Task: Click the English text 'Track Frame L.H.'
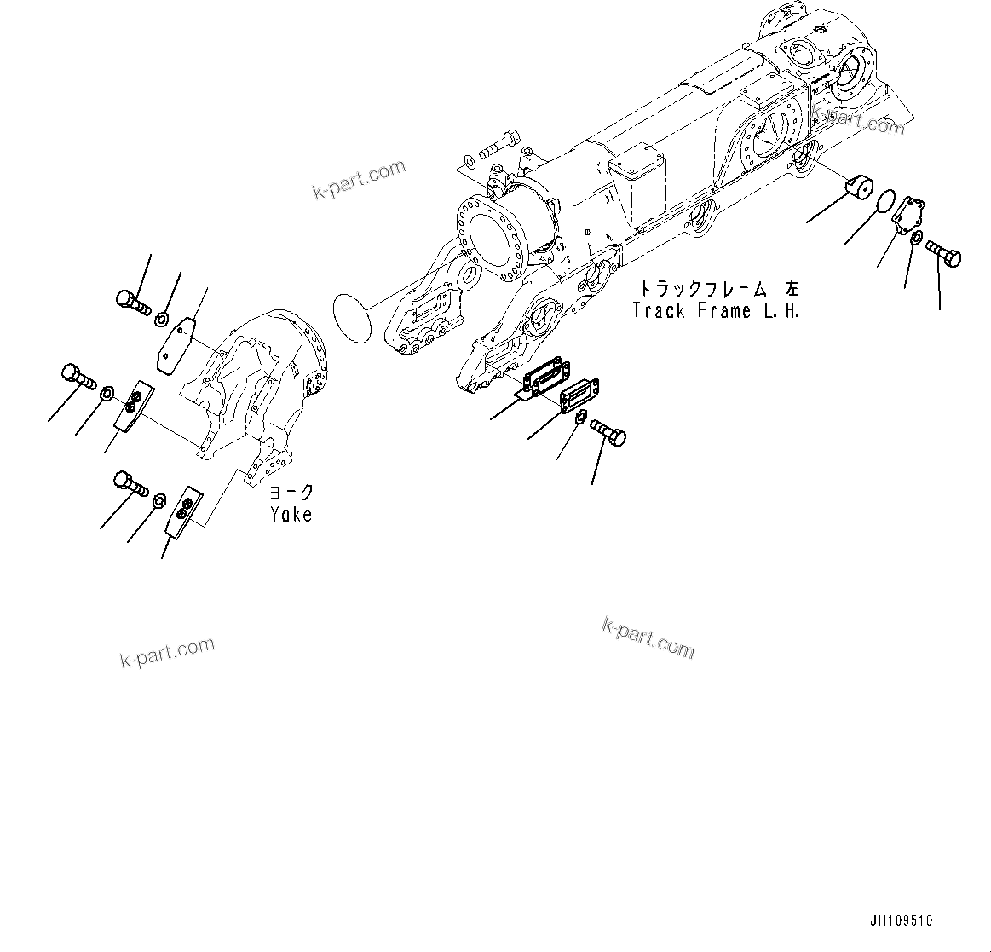(x=716, y=311)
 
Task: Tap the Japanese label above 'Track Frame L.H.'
(x=720, y=289)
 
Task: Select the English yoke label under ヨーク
(x=291, y=515)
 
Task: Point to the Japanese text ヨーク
(x=291, y=493)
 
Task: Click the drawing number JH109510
(x=902, y=920)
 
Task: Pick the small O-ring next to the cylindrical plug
(x=884, y=202)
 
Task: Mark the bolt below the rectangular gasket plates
(x=608, y=430)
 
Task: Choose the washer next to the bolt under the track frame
(x=580, y=417)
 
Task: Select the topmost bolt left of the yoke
(x=131, y=301)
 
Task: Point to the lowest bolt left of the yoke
(x=130, y=483)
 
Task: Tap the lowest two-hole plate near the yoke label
(x=181, y=512)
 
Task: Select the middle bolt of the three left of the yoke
(x=78, y=376)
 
